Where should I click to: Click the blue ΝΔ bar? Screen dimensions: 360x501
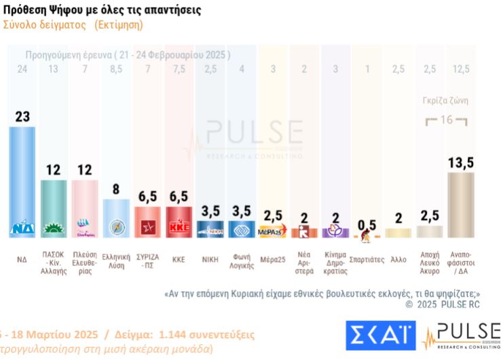(27, 180)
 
